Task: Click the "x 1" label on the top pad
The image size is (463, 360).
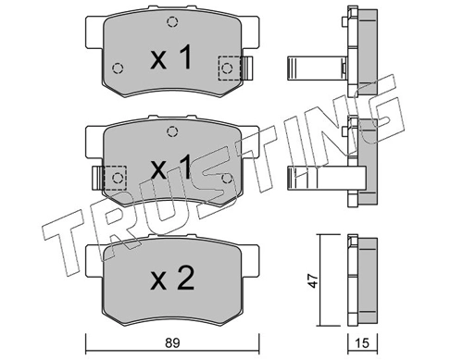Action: pyautogui.click(x=171, y=60)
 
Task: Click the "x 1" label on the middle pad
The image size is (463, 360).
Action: pyautogui.click(x=171, y=169)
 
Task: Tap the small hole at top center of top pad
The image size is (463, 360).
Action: pyautogui.click(x=171, y=23)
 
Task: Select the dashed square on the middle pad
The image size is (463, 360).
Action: pyautogui.click(x=116, y=176)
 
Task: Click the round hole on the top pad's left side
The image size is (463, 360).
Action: pyautogui.click(x=117, y=68)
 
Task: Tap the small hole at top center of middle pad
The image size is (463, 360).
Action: pyautogui.click(x=171, y=131)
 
